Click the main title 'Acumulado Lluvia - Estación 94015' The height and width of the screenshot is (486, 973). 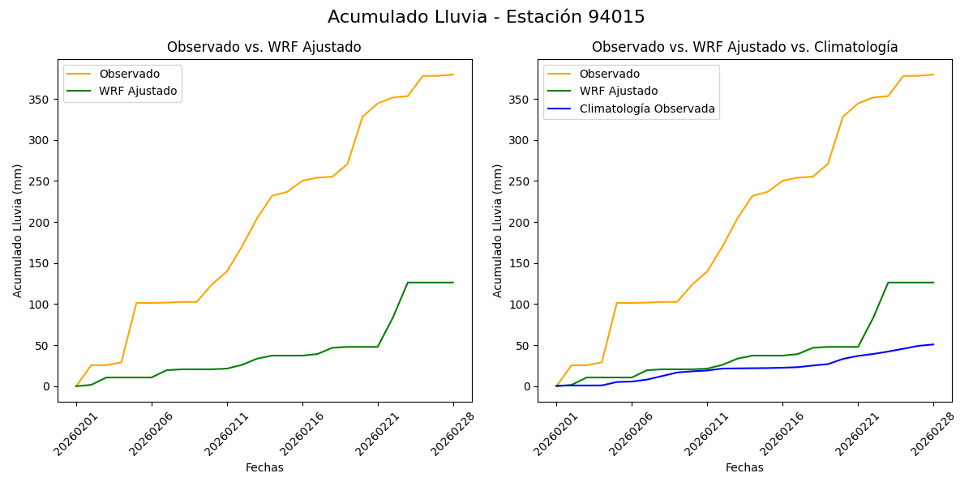[486, 17]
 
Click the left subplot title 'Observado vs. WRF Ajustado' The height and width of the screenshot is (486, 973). [264, 47]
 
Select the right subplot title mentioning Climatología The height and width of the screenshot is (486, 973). [744, 47]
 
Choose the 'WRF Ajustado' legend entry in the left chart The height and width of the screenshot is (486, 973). [138, 91]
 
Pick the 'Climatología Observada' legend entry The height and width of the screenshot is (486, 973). [647, 109]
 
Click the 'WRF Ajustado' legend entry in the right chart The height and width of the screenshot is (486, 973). [618, 91]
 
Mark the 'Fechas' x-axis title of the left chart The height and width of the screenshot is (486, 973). [264, 467]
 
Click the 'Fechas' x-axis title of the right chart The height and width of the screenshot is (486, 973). [744, 467]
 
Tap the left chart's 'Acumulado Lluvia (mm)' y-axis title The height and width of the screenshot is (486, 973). [18, 230]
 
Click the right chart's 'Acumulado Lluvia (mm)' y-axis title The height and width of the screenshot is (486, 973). [498, 230]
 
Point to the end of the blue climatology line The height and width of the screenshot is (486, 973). [933, 344]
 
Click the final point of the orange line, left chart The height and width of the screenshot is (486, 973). [453, 75]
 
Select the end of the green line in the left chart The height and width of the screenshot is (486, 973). [453, 283]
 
